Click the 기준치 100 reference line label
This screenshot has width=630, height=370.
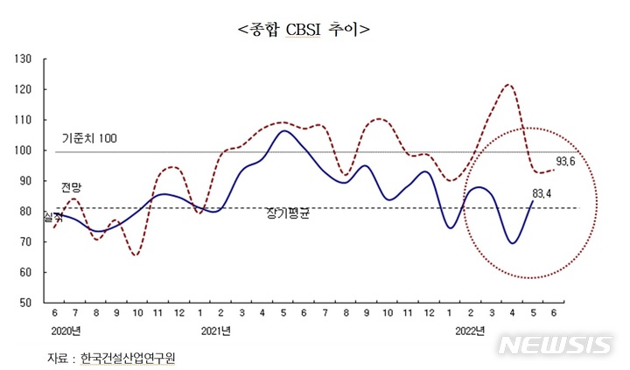click(x=89, y=138)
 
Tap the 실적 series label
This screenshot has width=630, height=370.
click(x=52, y=213)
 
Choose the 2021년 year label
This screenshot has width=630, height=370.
click(x=215, y=331)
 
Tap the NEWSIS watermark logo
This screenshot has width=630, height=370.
click(x=555, y=346)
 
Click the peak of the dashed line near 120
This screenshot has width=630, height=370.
click(x=508, y=85)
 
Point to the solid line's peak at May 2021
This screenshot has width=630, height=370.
click(x=283, y=131)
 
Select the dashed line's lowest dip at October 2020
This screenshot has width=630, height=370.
click(x=136, y=255)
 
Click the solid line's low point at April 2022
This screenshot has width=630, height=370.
click(x=513, y=242)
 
